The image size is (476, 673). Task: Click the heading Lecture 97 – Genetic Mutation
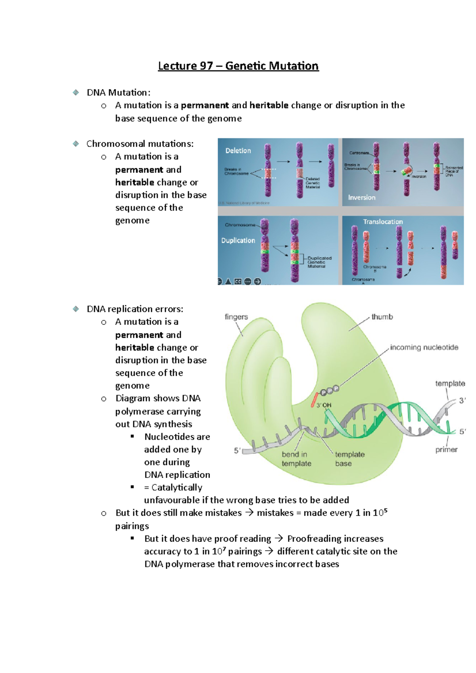coord(238,66)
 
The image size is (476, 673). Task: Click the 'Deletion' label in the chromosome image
coord(238,151)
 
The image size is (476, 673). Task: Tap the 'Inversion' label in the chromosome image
coord(361,197)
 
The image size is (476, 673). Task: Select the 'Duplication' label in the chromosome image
coord(238,241)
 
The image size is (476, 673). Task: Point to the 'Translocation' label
coord(383,222)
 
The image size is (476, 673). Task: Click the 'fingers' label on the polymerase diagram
coord(236,317)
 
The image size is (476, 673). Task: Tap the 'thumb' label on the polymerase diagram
coord(382,317)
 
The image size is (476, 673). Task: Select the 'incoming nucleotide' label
coord(424,348)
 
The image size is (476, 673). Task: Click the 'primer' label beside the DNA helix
coord(446,449)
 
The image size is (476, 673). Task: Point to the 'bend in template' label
coord(296,459)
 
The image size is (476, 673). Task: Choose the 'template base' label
coord(349,459)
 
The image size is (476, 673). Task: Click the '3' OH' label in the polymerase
coord(324,405)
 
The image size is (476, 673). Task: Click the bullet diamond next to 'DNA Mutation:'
coord(76,92)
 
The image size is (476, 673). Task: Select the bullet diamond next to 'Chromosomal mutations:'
coord(76,143)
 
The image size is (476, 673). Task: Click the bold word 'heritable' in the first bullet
coord(269,105)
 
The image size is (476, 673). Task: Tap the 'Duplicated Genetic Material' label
coord(319,262)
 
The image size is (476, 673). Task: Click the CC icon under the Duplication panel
coord(238,281)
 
